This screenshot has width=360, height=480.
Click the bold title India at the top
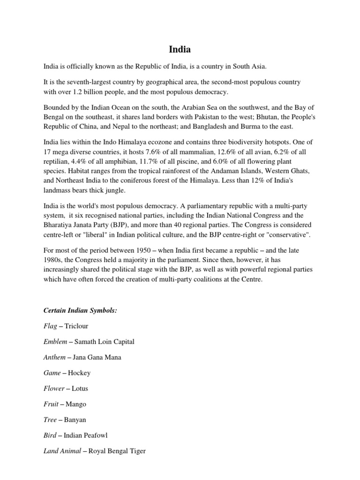pyautogui.click(x=180, y=49)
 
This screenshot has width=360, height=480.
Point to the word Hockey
pyautogui.click(x=79, y=373)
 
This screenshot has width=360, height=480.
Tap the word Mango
pyautogui.click(x=76, y=404)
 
